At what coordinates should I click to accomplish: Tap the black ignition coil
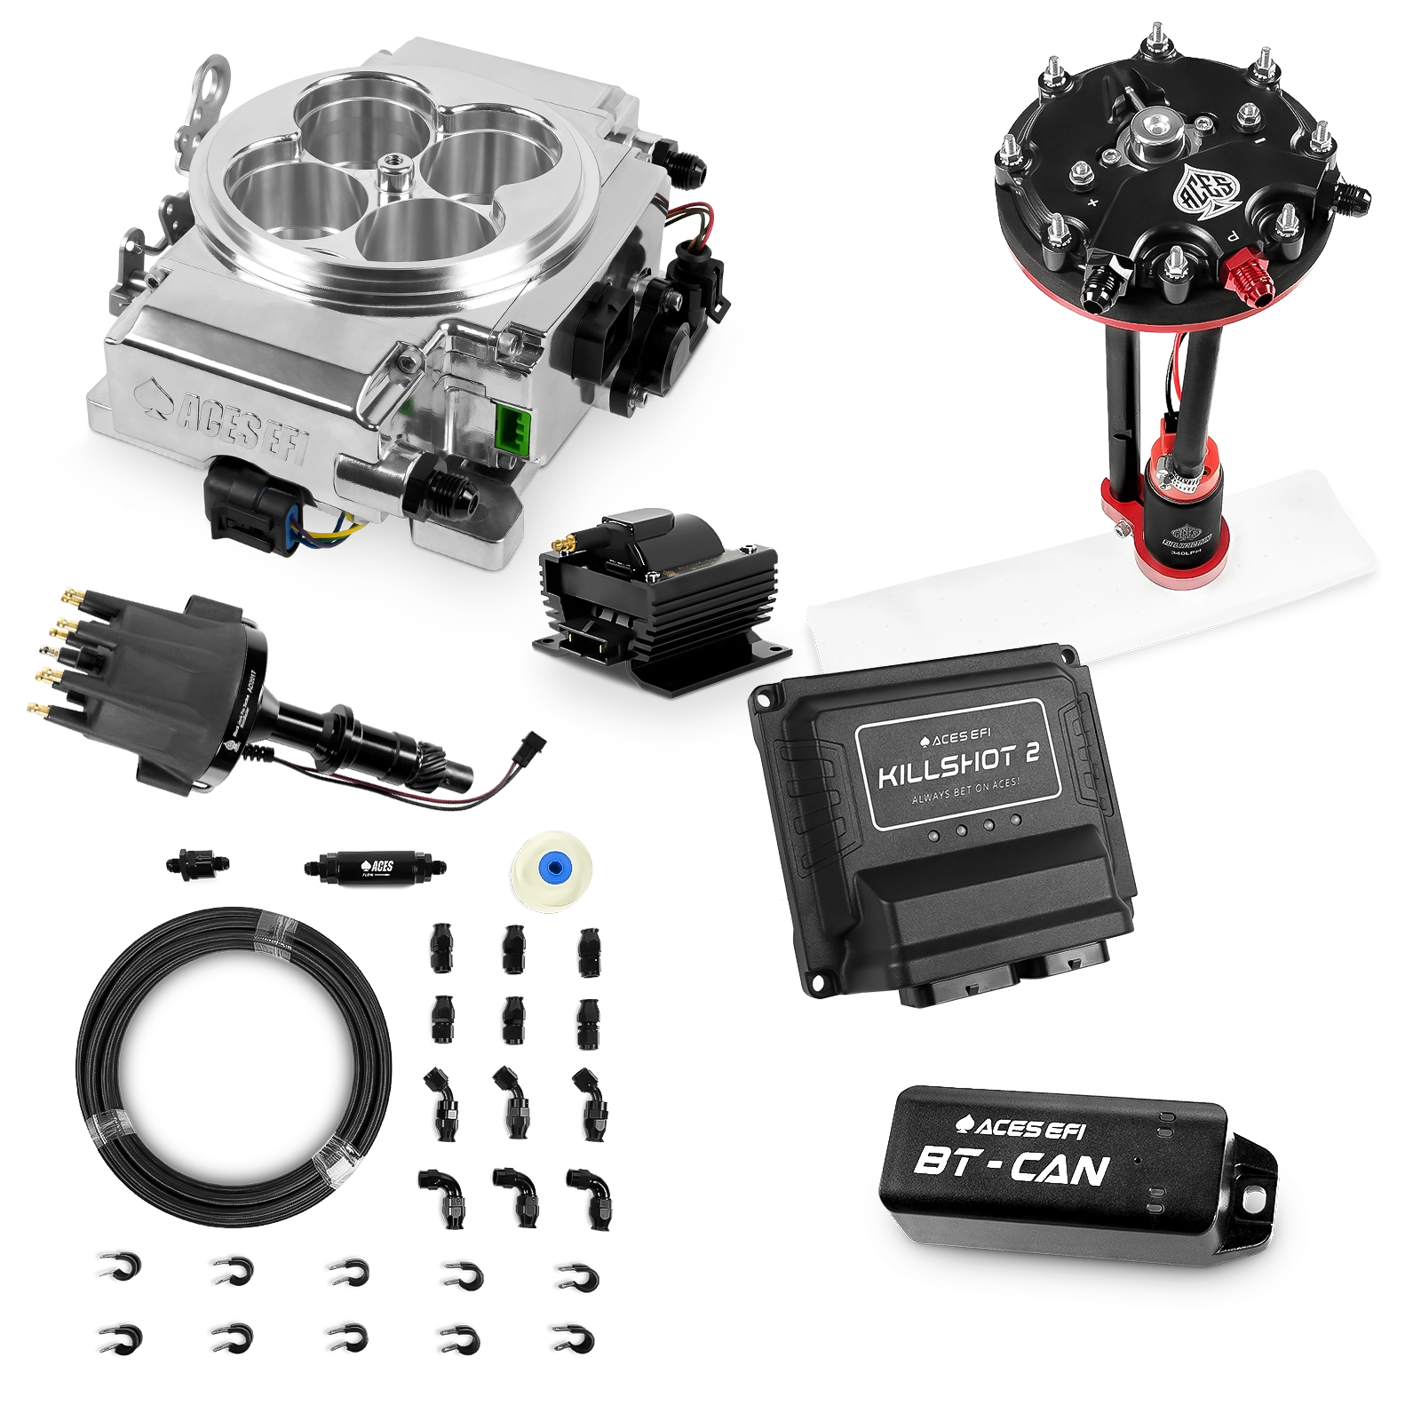tap(657, 577)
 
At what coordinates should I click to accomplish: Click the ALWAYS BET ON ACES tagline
tap(951, 801)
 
